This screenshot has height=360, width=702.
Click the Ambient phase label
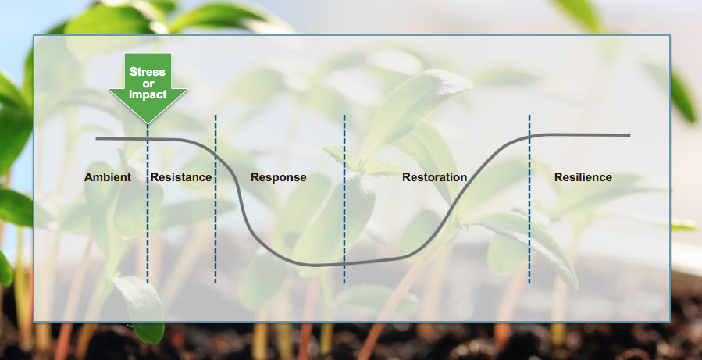tap(108, 177)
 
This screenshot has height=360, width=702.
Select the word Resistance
tap(181, 177)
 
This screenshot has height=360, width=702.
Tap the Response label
tap(279, 177)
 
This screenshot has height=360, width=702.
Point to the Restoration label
tap(434, 177)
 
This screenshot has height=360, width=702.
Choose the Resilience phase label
tap(583, 177)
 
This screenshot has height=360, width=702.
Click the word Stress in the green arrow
tap(148, 72)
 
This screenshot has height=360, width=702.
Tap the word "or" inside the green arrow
tap(148, 84)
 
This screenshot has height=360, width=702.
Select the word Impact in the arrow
tap(148, 94)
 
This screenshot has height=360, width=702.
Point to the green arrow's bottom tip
tap(148, 123)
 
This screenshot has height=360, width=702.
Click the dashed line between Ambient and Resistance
tap(148, 204)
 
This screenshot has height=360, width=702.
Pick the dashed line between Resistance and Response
tap(216, 199)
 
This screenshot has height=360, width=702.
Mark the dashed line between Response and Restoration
tap(344, 199)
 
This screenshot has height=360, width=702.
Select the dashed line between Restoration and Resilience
tap(529, 199)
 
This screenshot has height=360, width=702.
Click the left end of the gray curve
tap(96, 139)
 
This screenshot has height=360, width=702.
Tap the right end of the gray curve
tap(630, 135)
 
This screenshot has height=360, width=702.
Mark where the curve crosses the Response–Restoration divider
tap(344, 264)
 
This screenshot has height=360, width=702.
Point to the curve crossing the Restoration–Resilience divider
tap(529, 136)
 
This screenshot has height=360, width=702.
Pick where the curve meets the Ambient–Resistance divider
tap(148, 139)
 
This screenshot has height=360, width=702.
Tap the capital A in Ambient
tap(88, 177)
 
